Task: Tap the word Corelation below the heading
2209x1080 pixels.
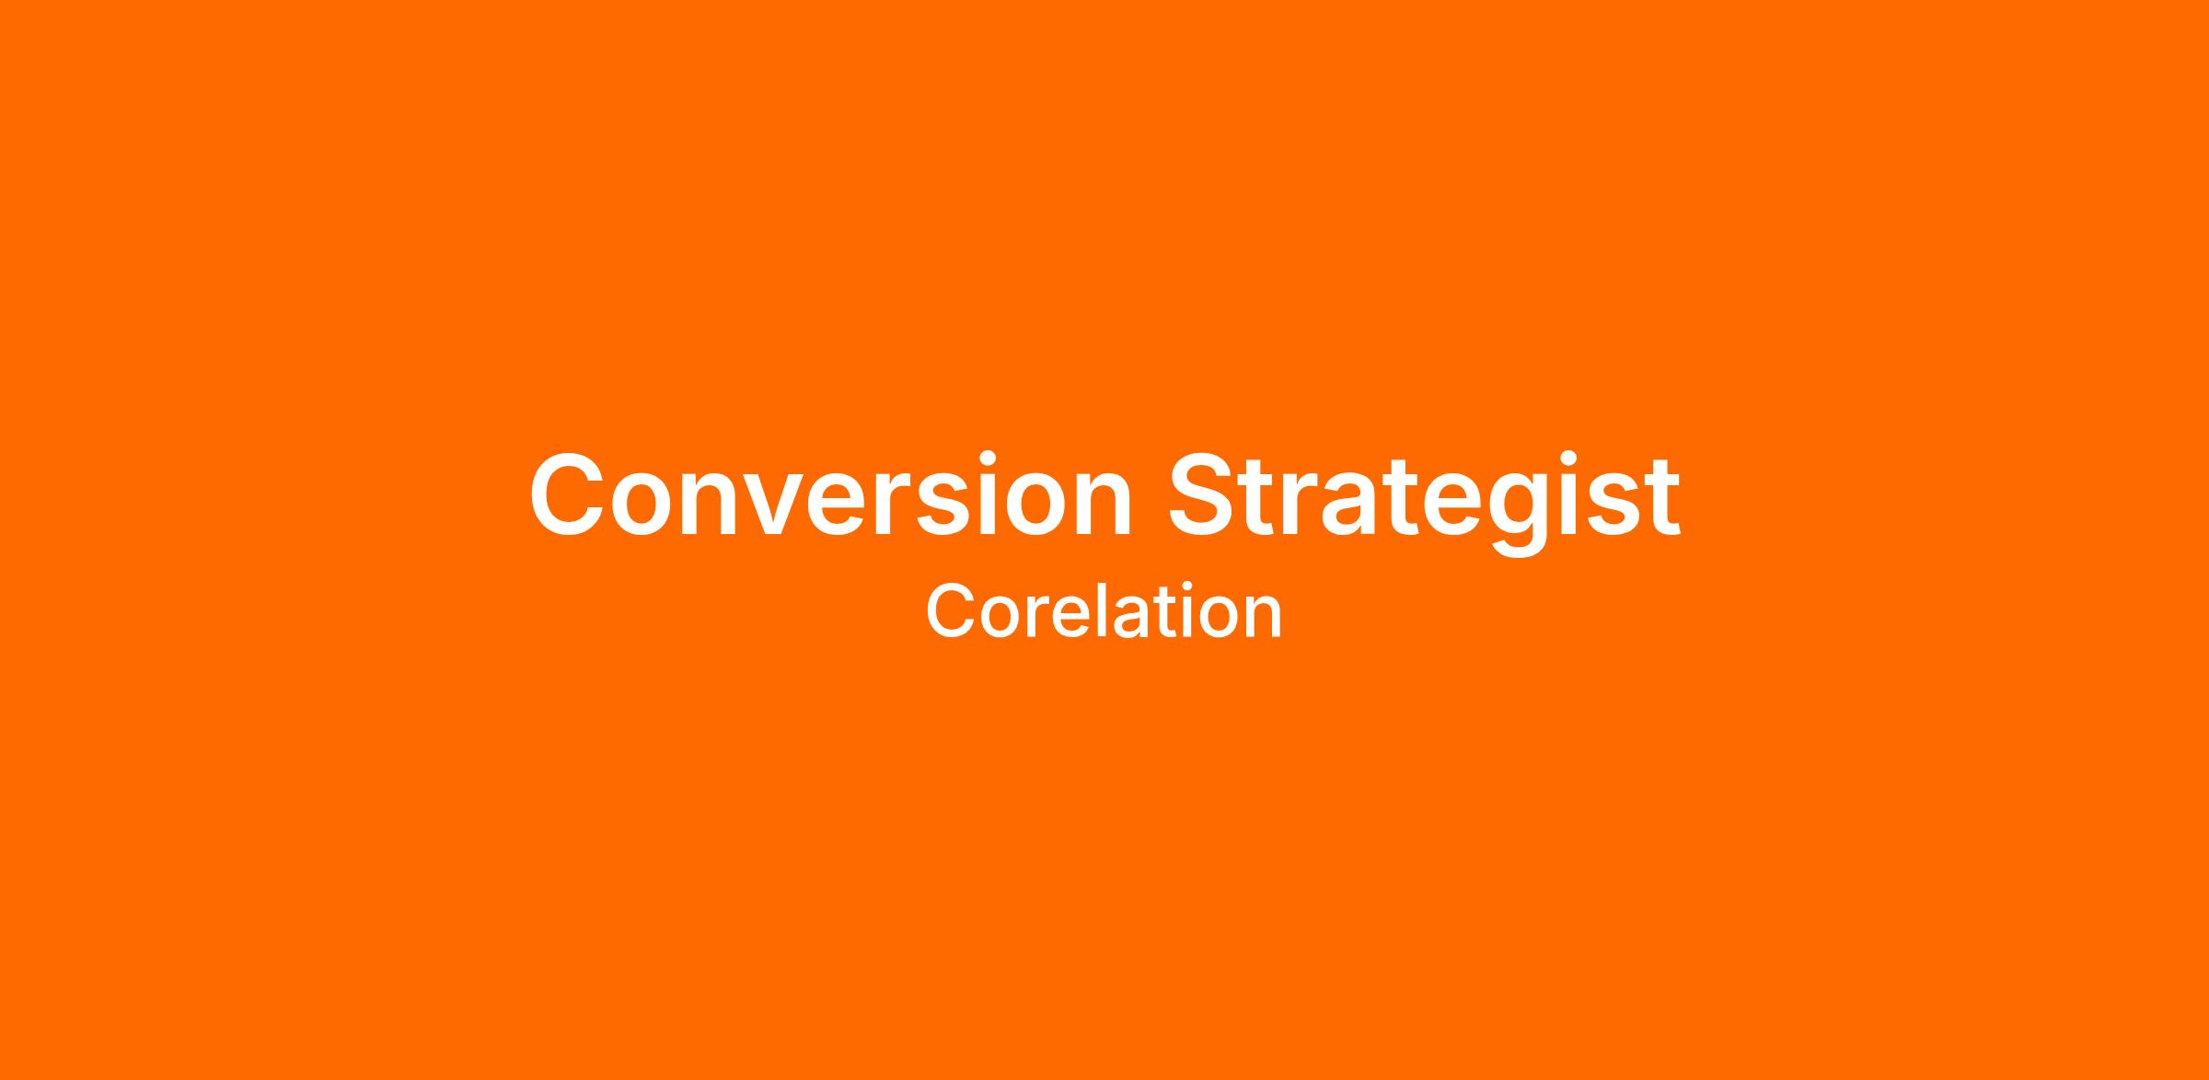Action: pos(1104,610)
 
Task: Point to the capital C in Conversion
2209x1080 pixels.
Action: pos(567,494)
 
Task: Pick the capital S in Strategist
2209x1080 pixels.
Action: pos(1205,494)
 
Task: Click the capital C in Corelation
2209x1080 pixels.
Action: pos(950,610)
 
